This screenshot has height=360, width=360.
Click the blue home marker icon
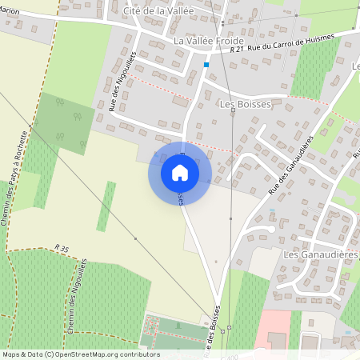180,173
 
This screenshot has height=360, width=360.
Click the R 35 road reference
63,248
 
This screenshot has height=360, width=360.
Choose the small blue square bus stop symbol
206,64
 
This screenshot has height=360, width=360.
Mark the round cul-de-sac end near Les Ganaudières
272,230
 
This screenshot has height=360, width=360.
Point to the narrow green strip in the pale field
106,206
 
